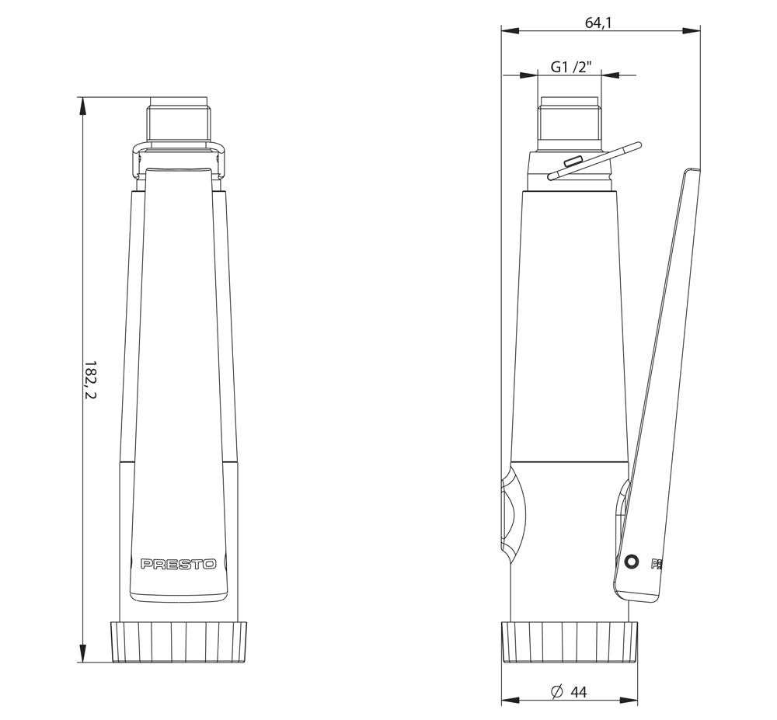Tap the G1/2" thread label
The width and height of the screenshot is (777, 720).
tap(571, 66)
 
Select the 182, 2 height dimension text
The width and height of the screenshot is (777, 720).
tap(90, 380)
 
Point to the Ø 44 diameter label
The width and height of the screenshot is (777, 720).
tap(569, 692)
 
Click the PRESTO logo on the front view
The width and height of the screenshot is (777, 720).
tap(179, 564)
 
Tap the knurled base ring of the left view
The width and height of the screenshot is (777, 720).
tap(179, 642)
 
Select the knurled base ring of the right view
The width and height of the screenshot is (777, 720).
tap(570, 642)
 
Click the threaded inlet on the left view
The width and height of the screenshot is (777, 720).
tap(179, 122)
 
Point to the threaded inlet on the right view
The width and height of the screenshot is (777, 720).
tap(570, 122)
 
